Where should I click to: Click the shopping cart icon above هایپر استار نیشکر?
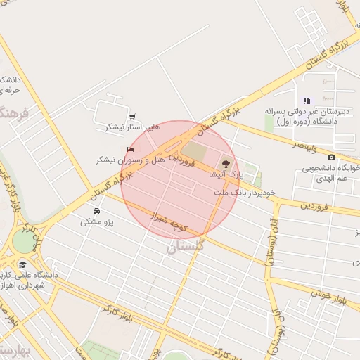click(132, 117)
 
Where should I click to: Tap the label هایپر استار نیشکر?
click(133, 127)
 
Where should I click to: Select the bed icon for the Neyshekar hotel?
click(130, 150)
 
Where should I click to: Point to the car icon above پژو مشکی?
click(96, 211)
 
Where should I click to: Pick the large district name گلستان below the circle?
click(186, 247)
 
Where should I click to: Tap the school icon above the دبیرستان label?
click(307, 101)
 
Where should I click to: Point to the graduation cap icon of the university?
click(23, 264)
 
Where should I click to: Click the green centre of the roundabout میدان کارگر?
click(22, 242)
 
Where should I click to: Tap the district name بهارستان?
click(14, 349)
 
